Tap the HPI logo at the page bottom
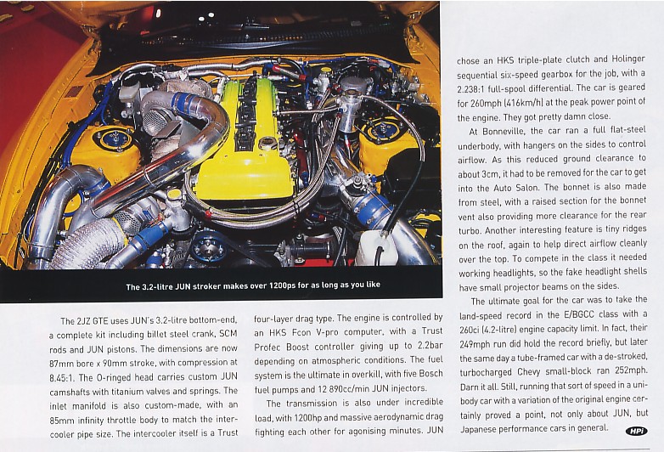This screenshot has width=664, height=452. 636,431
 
